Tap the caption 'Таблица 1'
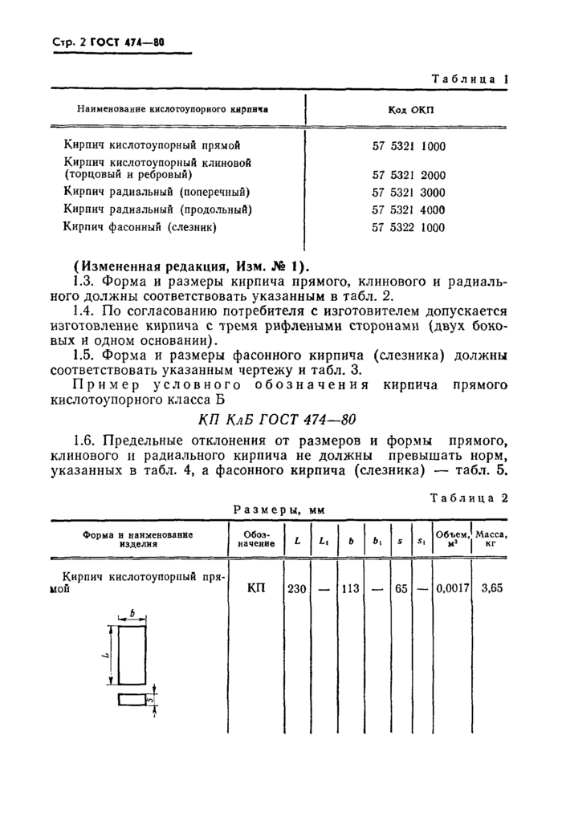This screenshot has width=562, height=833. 470,79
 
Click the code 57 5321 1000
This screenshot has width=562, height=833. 409,146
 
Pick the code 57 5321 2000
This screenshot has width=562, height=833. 409,174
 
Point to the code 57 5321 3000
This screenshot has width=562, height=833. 409,193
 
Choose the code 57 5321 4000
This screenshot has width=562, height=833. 409,210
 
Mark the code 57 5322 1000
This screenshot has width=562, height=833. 409,228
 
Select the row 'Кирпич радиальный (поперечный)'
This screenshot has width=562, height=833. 157,193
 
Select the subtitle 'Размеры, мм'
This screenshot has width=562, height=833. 277,509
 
